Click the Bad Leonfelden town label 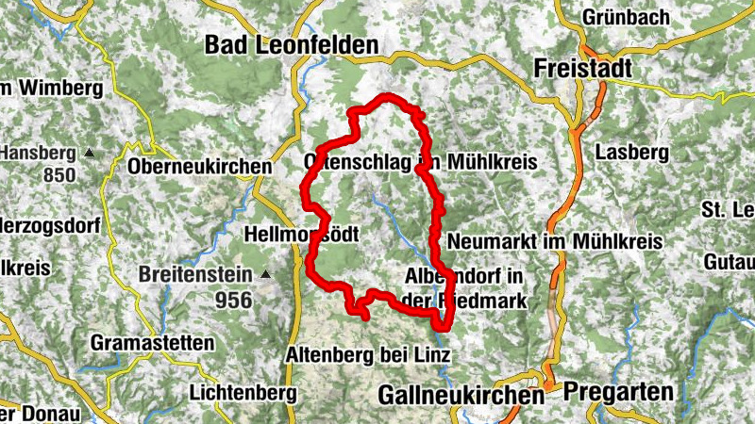[292, 44]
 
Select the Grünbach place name [626, 17]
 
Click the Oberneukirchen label [198, 167]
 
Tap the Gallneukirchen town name [461, 395]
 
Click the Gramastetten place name [153, 343]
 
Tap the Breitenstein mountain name [195, 275]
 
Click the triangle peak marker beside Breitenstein [266, 275]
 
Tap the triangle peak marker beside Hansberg [90, 152]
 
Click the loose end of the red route [366, 318]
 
